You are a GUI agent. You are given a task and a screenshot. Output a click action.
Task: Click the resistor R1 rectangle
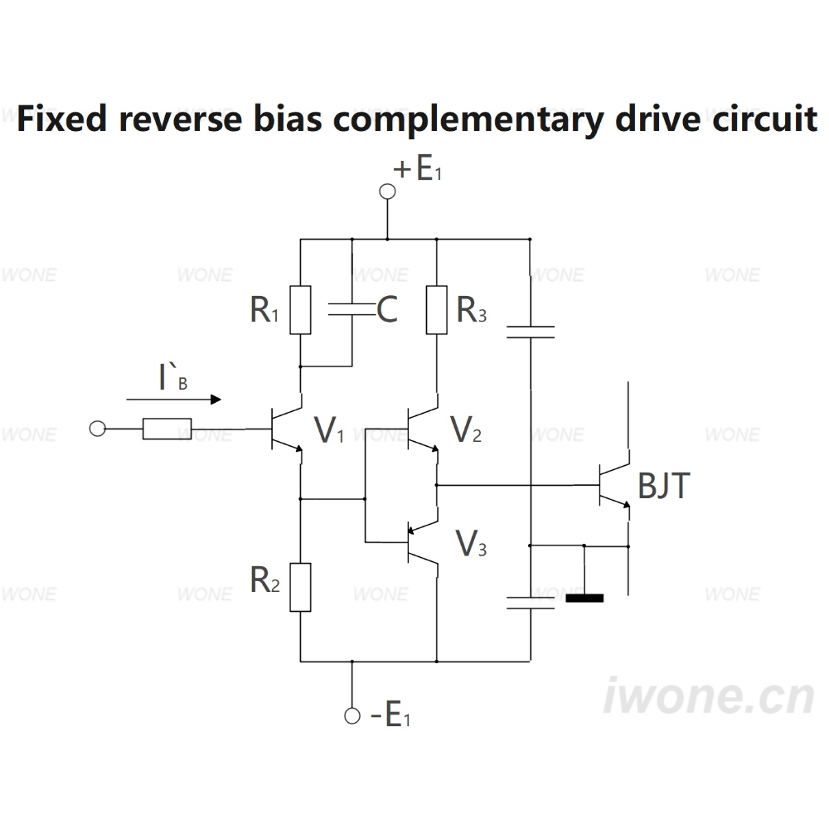coord(300,310)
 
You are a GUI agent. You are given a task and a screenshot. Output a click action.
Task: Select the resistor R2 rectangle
coord(300,588)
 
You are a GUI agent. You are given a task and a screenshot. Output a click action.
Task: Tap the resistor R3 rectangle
coord(437,310)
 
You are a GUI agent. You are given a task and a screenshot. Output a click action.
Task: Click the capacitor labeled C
coord(351,310)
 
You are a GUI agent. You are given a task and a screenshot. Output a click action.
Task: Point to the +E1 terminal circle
coord(387,191)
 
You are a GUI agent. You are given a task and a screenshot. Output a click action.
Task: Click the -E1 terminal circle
coord(352,716)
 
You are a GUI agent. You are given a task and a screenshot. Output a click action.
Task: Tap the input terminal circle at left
coord(97,429)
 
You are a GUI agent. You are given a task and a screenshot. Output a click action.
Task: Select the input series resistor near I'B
coord(167,429)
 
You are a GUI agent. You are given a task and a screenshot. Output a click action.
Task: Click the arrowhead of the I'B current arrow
coord(216,400)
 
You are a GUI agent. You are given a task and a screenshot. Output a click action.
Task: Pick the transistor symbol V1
coord(285,429)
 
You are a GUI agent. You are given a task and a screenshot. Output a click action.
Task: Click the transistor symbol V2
coord(422,429)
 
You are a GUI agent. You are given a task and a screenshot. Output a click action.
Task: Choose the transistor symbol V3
coord(422,542)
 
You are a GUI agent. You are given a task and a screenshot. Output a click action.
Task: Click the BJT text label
coord(664,486)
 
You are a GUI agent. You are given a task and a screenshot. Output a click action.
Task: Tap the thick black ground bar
coord(584,599)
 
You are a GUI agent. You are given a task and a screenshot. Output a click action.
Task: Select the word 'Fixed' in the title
coord(62,118)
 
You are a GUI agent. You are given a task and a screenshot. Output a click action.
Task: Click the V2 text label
coord(466,429)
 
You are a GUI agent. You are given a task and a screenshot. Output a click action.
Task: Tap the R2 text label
coord(265,580)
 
